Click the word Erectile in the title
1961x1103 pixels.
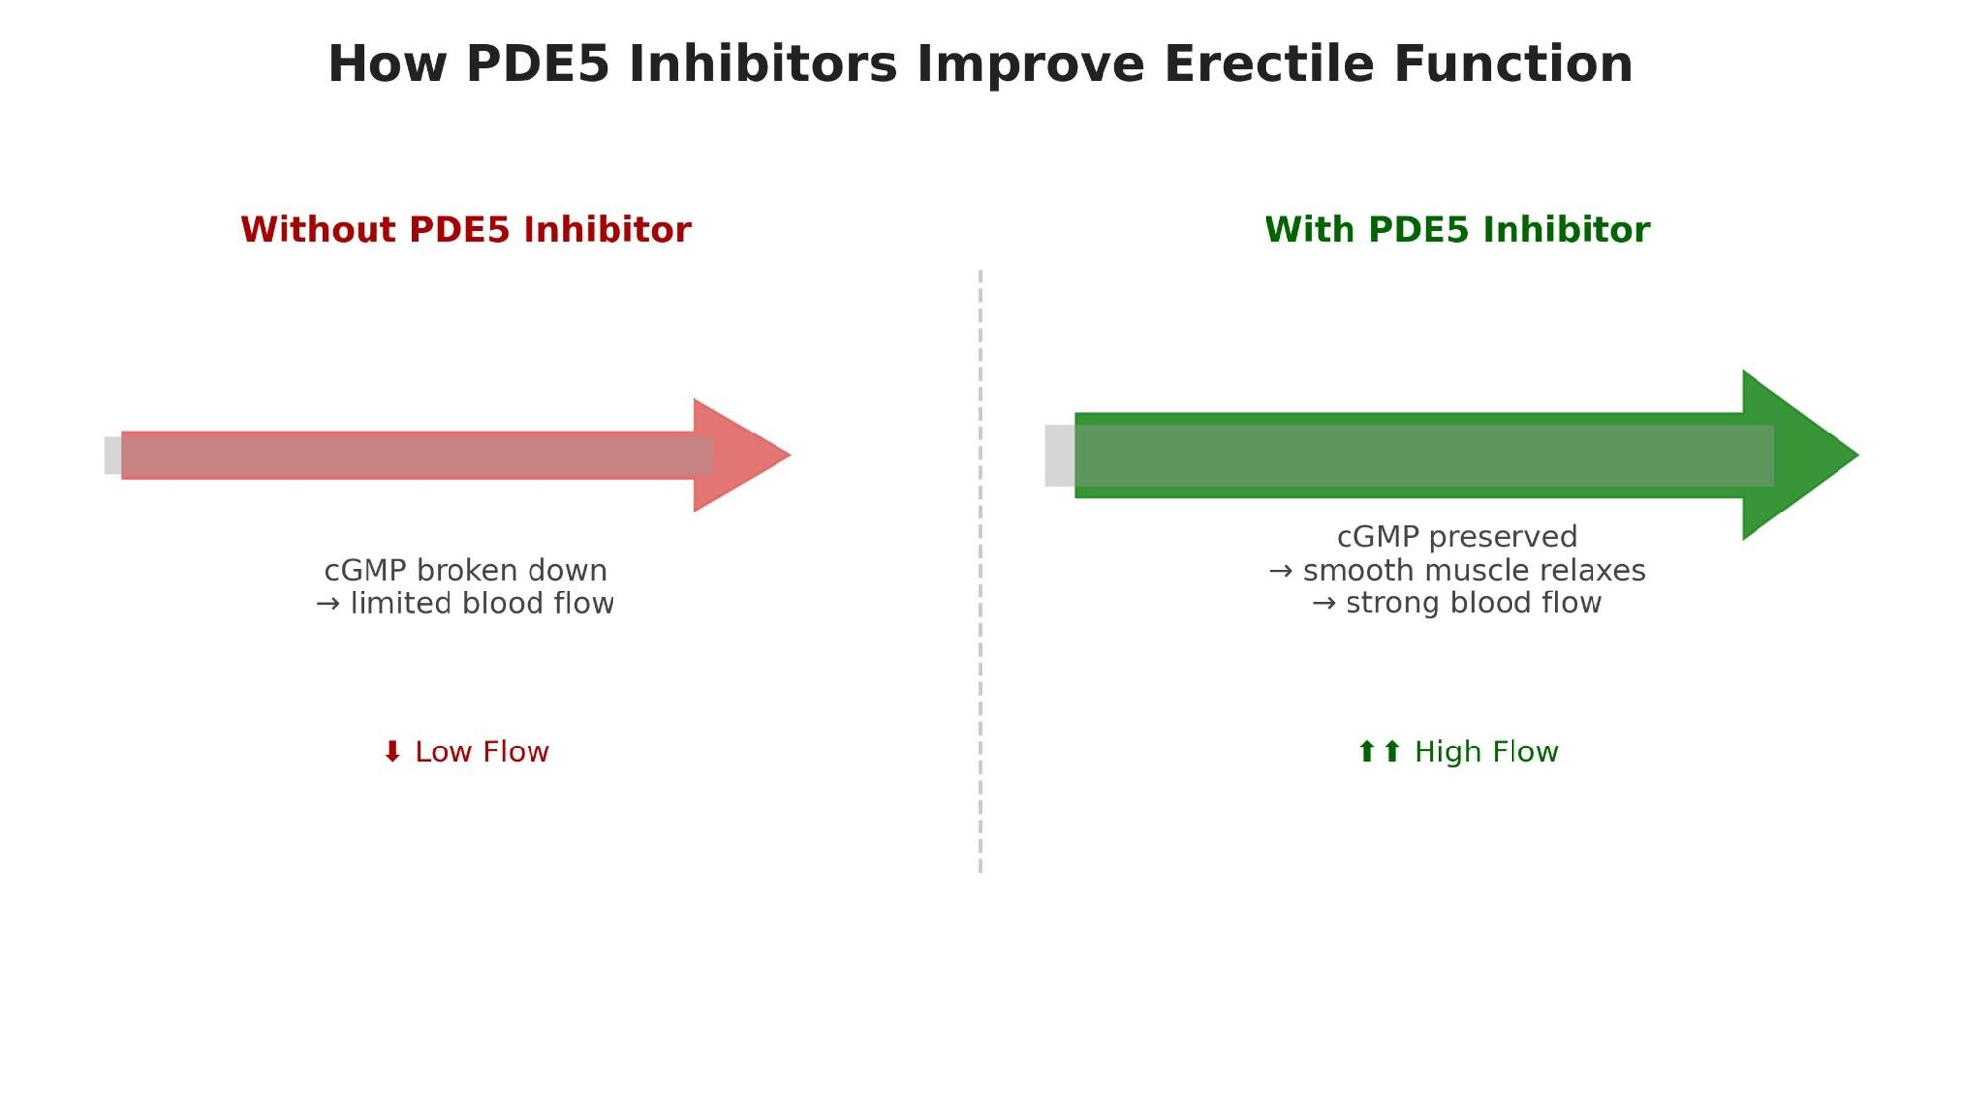coord(1268,64)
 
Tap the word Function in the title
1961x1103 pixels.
coord(1513,64)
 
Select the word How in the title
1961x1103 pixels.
coord(386,64)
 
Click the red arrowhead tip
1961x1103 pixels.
coord(791,455)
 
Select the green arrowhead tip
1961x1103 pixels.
coord(1859,455)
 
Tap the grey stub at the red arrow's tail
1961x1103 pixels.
coord(113,456)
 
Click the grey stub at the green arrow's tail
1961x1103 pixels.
coord(1060,455)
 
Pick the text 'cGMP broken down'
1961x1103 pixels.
coord(465,571)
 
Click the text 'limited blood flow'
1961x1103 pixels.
coord(482,603)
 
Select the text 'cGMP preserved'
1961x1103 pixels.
coord(1457,537)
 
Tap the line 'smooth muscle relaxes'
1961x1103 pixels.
coord(1474,571)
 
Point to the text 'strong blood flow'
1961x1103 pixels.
coord(1474,603)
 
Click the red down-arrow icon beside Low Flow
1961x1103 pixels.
coord(392,751)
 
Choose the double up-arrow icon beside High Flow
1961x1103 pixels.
coord(1380,751)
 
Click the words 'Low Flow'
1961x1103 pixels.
coord(482,752)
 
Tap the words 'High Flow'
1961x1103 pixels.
coord(1487,752)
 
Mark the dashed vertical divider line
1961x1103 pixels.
coord(980,571)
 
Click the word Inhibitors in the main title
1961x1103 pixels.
coord(764,64)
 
